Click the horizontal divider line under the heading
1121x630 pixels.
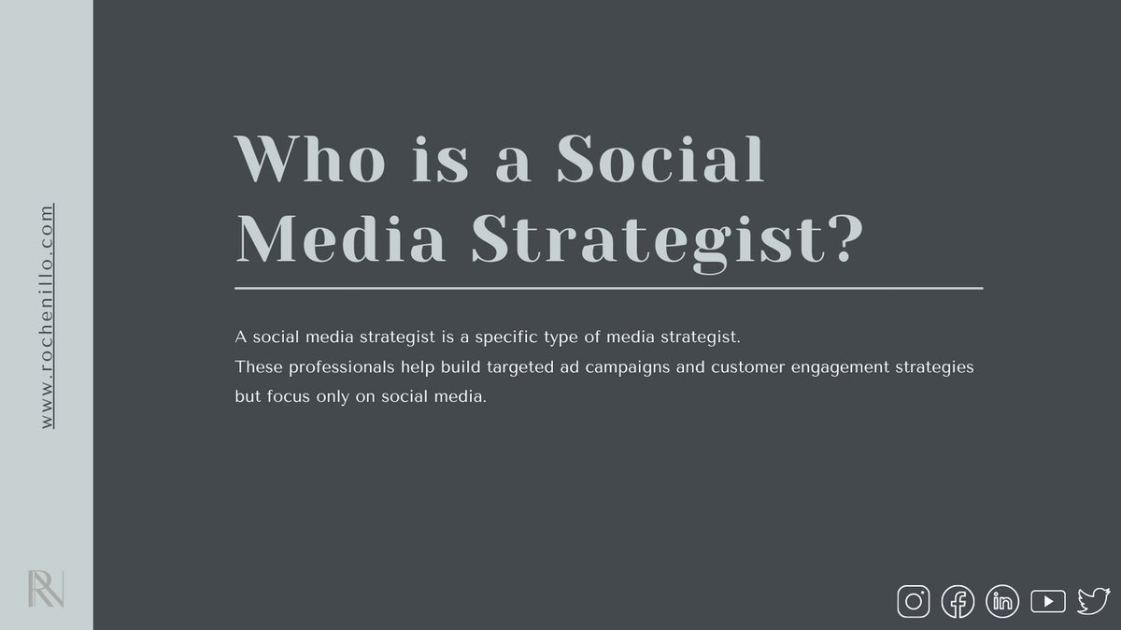point(608,288)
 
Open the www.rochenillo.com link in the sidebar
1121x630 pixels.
point(47,318)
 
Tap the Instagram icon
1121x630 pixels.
point(914,601)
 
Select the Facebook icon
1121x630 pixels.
point(958,601)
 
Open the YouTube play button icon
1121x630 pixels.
point(1047,601)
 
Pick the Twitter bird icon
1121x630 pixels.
point(1091,601)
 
